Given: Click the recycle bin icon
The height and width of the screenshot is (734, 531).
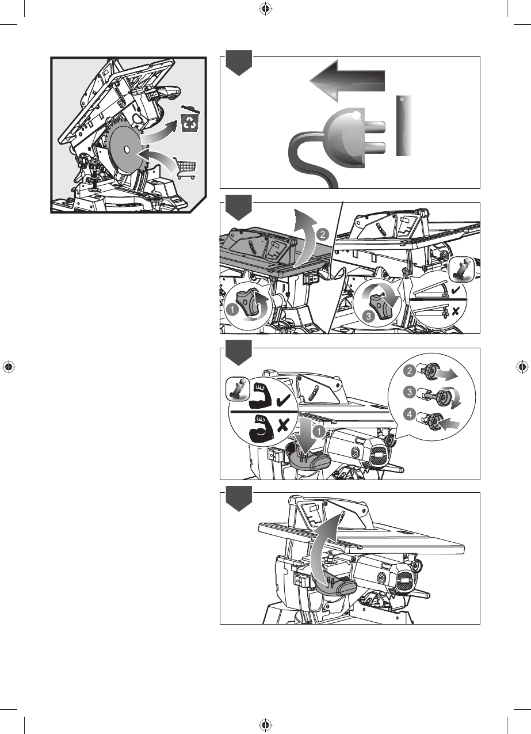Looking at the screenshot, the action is [190, 120].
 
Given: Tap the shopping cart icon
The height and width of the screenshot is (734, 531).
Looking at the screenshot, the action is [186, 168].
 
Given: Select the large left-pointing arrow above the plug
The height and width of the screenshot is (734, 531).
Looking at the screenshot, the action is [347, 81].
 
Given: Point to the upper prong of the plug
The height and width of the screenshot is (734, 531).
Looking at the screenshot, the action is [375, 127].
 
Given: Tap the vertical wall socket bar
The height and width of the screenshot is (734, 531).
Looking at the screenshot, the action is [404, 125].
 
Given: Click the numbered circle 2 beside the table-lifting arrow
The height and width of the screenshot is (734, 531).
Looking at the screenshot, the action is [323, 235].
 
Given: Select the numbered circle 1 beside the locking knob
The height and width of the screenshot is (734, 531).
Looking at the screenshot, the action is [232, 309].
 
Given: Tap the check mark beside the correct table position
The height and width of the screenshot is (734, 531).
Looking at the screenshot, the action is [456, 290].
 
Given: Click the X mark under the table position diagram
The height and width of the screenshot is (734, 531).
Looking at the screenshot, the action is [455, 311].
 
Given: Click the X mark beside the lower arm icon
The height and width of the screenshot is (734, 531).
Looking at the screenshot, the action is [283, 426].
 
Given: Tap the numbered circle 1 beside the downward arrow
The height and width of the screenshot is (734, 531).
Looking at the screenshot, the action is [319, 431].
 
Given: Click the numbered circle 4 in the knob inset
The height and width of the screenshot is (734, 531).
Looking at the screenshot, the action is [410, 414].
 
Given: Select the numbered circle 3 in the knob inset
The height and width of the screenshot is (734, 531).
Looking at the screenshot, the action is [410, 392].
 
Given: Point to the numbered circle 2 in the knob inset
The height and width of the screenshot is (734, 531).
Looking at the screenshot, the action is [410, 371].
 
